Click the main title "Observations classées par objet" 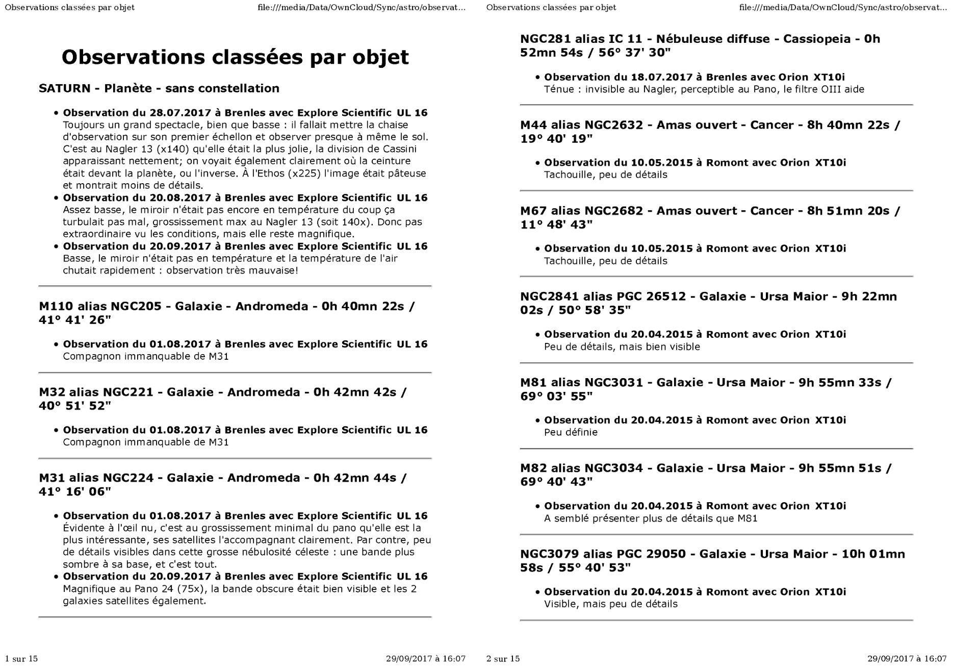[235, 57]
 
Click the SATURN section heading [159, 88]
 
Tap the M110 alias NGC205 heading [227, 313]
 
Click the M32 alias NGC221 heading [223, 399]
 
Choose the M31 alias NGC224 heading [223, 484]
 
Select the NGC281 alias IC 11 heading [700, 45]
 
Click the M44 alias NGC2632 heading [710, 132]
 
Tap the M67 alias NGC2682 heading [710, 217]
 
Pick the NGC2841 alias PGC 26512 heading [708, 303]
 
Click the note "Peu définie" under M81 [571, 432]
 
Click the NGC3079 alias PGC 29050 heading [712, 560]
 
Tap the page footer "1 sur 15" [21, 659]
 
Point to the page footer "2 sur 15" [503, 659]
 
